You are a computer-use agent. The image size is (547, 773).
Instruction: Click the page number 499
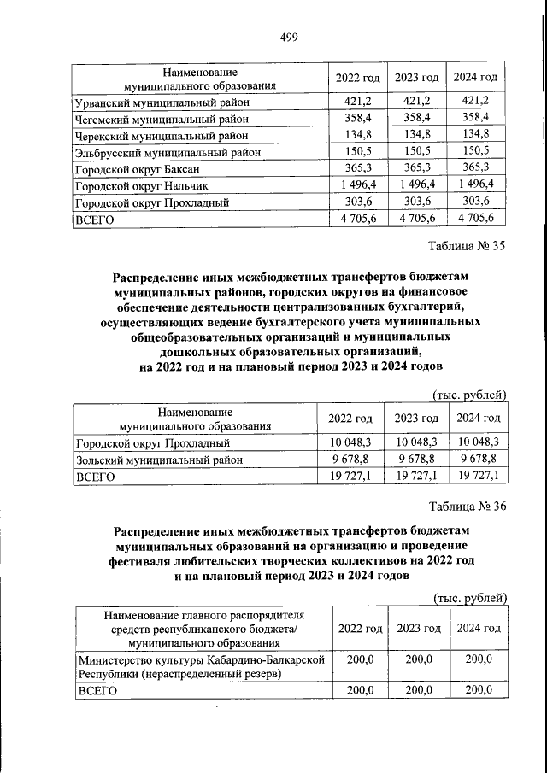pos(288,35)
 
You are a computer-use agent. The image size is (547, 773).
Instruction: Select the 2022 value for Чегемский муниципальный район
pos(358,118)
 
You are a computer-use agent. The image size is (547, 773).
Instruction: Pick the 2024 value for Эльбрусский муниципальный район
pos(474,151)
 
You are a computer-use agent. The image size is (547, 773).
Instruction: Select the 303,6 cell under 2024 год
pos(474,201)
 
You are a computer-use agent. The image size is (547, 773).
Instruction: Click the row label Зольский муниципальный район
pos(158,460)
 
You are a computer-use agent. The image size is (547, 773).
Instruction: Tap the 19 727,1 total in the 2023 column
pos(416,476)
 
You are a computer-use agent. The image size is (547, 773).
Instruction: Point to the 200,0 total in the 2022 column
pos(359,692)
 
